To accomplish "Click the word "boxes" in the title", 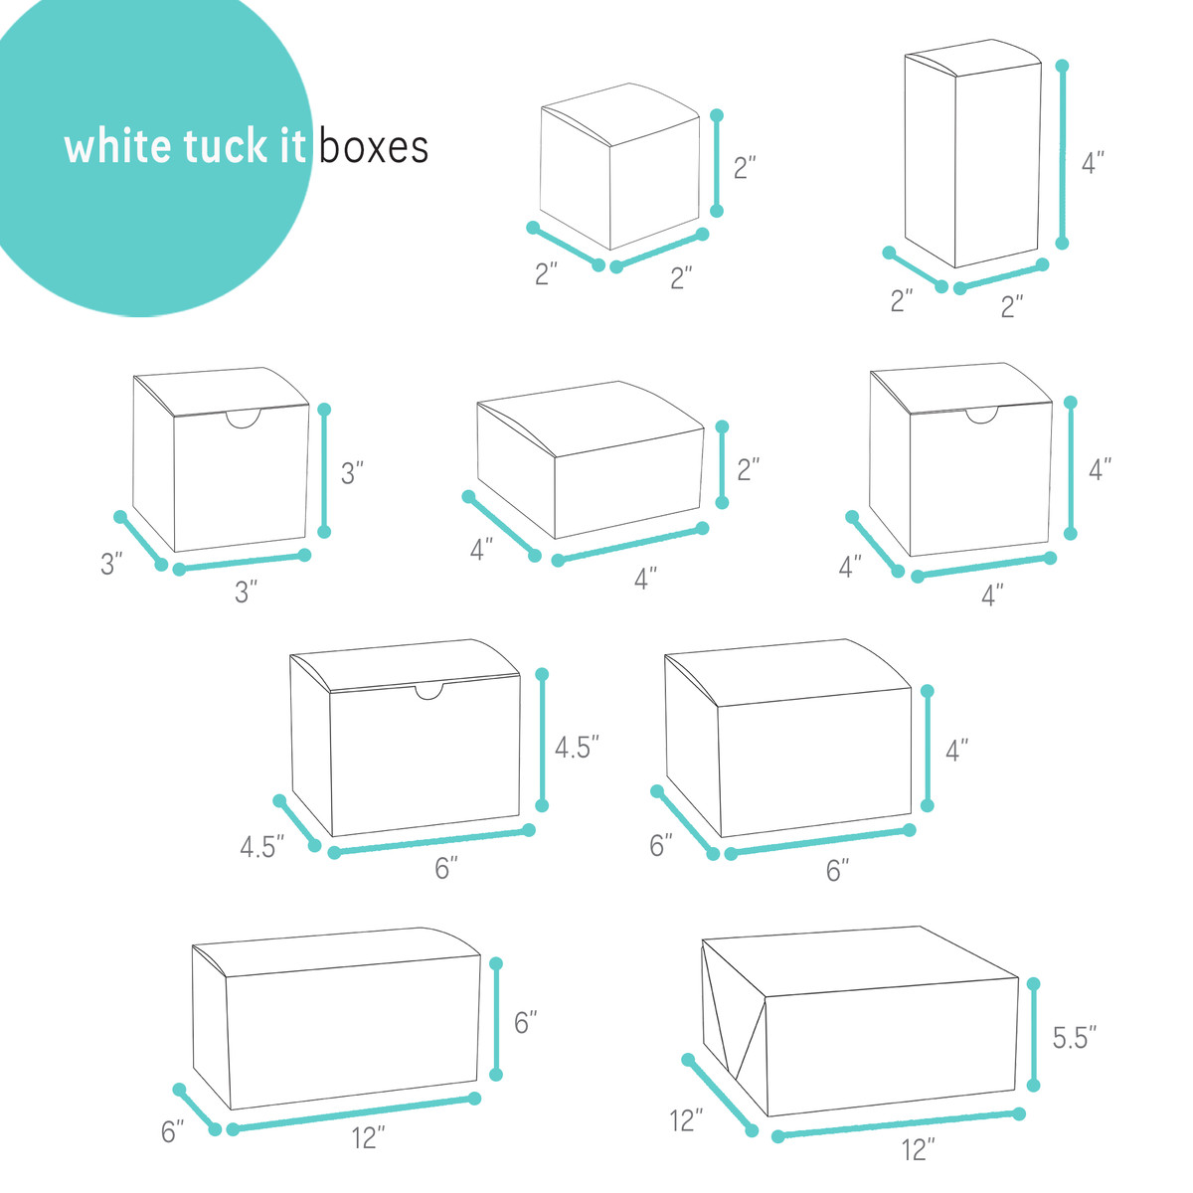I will point(374,147).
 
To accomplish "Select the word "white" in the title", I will point(117,147).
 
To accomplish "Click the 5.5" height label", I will point(1075,1038).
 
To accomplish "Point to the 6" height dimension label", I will point(526,1022).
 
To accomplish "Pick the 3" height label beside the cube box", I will point(352,473).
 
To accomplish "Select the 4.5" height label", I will point(577,748).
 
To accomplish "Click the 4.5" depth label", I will point(261,848).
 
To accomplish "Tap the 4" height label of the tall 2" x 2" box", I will point(1093,163).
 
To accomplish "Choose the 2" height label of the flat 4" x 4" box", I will point(749,469).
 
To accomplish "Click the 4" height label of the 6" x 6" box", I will point(956,751).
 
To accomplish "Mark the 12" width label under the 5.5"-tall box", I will point(919,1151).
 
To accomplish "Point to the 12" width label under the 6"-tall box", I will point(368,1139).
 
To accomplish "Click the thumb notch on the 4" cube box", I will point(983,416).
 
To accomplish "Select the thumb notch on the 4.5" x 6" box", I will point(429,691).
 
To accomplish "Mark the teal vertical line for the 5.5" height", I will point(1034,1034).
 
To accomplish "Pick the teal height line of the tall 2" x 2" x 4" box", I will point(1062,154).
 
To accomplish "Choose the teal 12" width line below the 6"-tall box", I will point(353,1113).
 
